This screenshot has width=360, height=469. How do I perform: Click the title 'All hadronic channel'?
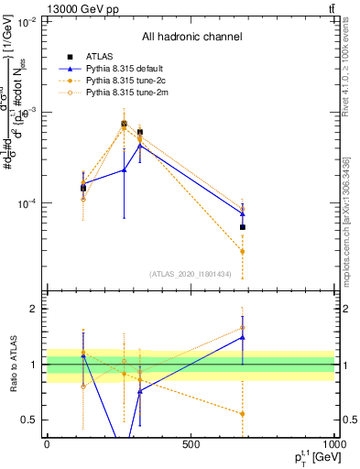point(191,37)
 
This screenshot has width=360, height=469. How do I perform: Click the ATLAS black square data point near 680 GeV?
point(243,227)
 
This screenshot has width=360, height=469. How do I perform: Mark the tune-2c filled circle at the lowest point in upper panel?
point(243,251)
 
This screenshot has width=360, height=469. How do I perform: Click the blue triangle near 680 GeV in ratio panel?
point(243,337)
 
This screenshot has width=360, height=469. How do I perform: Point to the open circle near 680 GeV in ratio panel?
point(243,327)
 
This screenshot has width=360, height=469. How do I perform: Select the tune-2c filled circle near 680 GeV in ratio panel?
point(243,414)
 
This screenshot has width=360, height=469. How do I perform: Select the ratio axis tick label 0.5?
point(29,420)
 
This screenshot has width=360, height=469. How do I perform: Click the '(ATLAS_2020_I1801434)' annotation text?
point(191,274)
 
